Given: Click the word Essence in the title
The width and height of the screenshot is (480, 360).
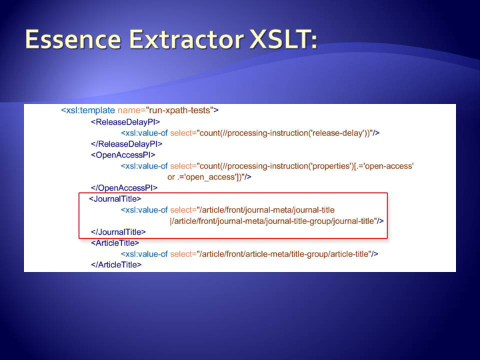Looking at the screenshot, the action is tap(73, 39).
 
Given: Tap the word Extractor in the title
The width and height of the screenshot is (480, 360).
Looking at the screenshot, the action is tap(186, 39).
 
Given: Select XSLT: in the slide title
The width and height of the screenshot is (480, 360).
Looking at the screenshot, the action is tap(283, 39).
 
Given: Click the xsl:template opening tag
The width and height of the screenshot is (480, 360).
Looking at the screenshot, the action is tap(88, 110).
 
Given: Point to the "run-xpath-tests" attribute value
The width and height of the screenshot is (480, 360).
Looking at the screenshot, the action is tap(181, 110).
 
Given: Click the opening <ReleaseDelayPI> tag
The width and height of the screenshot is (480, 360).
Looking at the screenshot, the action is tap(125, 122).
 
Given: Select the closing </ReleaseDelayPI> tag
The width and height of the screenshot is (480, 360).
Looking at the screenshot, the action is tap(127, 144).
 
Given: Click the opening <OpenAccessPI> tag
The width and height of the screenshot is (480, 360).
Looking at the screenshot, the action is tap(123, 155).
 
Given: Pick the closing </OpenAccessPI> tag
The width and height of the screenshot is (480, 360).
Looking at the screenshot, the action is tap(124, 188).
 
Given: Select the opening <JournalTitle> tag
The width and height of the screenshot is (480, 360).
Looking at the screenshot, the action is tap(115, 199).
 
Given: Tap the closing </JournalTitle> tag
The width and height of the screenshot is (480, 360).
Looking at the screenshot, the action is tap(118, 232).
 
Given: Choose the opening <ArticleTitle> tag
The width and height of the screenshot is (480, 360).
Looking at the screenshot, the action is tap(115, 243).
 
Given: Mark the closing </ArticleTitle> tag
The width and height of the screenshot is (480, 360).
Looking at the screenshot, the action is tap(116, 265).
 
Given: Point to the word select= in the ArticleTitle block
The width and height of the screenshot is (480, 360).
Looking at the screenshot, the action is tap(183, 254).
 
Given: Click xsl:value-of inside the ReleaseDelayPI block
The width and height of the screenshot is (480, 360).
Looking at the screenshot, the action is tap(145, 133).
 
